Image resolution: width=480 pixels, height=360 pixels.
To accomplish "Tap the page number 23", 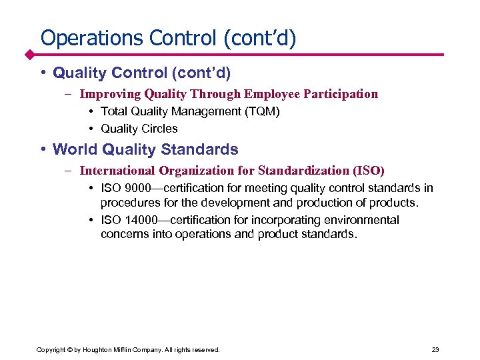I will click(x=435, y=349).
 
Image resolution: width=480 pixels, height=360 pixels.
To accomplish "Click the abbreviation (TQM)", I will click(x=259, y=111).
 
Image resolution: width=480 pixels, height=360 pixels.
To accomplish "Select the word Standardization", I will click(x=301, y=171).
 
